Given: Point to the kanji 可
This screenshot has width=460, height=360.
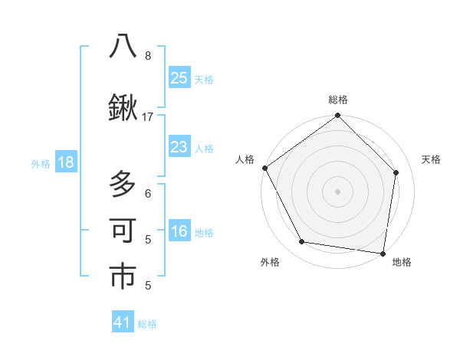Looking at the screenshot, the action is coord(123,231).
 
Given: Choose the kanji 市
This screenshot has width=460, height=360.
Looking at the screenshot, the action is coord(123,277).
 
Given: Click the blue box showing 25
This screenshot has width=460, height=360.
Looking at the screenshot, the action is coord(179,77).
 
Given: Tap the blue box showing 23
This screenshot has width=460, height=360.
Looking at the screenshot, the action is coord(179,146).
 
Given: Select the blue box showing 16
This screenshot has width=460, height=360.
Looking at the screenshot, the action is coord(179,231).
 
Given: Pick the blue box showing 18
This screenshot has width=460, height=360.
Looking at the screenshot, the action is coord(65,162).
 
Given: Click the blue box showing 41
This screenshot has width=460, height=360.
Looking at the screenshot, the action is coord(123,322).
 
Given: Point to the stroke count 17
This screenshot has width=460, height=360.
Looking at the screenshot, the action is coord(148,116).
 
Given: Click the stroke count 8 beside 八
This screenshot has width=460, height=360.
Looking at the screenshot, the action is coord(148,56).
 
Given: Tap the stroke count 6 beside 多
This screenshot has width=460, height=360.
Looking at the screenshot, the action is coord(148,194).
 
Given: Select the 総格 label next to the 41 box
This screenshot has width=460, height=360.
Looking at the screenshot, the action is coord(148,324).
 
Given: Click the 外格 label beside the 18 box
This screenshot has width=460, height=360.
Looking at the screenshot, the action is coord(40,163).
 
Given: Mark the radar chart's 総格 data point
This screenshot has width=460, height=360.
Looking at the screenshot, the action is coord(337,116).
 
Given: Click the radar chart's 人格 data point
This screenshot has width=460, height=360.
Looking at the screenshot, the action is coord(264,168).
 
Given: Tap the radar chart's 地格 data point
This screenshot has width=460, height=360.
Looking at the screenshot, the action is coord(383,252).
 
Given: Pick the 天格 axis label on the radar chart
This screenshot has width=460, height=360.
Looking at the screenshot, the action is coord(432,159).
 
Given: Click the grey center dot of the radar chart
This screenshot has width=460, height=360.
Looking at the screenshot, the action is coord(337,191).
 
